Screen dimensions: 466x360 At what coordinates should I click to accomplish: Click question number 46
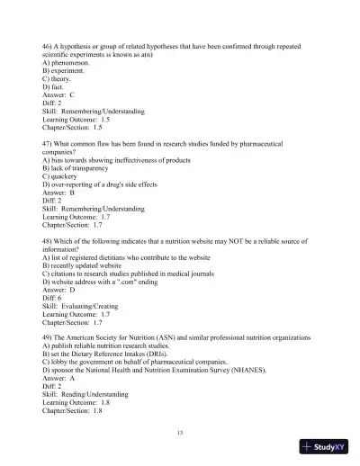tap(48, 45)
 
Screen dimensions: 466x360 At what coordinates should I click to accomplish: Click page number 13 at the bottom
tap(180, 434)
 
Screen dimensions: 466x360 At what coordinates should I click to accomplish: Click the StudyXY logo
tap(324, 446)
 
